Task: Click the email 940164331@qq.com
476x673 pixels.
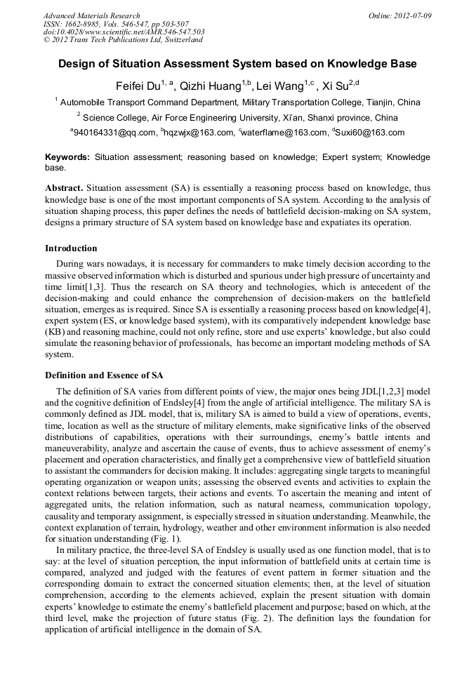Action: tap(115, 133)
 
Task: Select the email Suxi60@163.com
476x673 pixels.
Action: tap(371, 133)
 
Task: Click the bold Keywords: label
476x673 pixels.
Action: tap(67, 158)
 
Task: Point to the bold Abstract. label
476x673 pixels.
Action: tap(65, 189)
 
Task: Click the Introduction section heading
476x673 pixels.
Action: tap(71, 248)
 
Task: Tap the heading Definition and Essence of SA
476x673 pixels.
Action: tap(104, 375)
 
